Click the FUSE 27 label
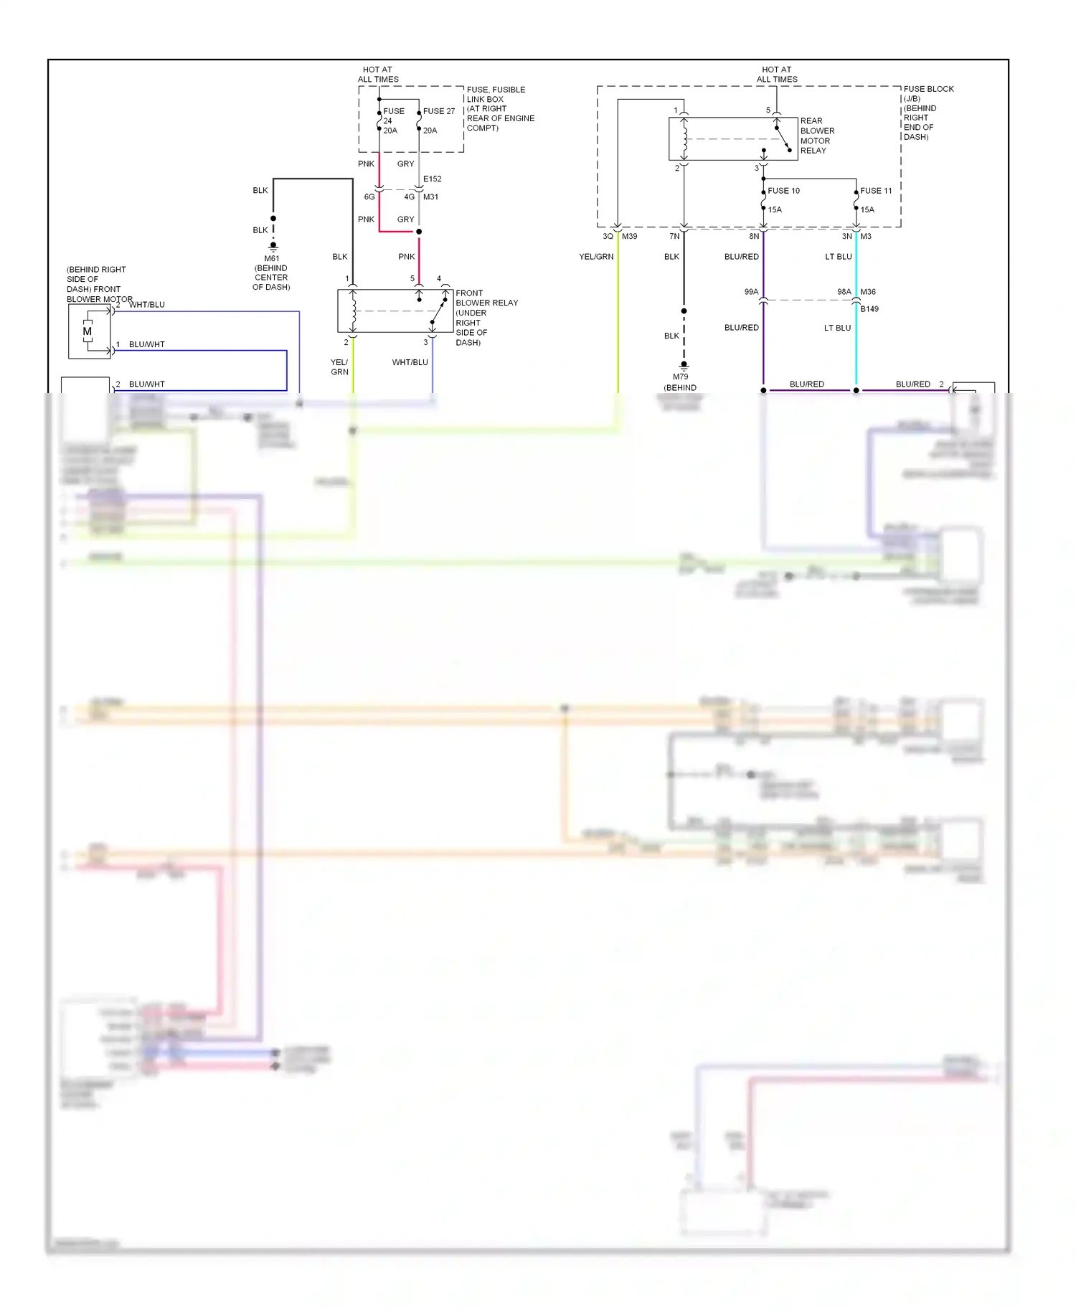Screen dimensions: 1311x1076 click(438, 111)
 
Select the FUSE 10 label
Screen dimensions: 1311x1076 click(783, 191)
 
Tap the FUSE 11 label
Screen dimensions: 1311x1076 click(876, 191)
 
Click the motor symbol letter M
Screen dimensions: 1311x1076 click(88, 331)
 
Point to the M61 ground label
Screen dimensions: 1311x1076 click(272, 258)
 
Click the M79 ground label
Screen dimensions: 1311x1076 click(680, 377)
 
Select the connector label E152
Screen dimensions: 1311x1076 click(432, 179)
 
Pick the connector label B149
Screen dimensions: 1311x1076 click(869, 309)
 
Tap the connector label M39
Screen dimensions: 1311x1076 click(629, 236)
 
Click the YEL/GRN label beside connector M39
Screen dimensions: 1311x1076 click(596, 257)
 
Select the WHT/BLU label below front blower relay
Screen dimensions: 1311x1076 click(410, 362)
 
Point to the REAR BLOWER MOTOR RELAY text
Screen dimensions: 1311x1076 click(817, 136)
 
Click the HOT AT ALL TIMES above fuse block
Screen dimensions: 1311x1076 click(777, 75)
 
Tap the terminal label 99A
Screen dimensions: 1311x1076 click(751, 292)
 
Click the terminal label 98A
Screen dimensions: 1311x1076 click(844, 292)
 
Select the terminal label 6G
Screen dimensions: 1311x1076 click(369, 197)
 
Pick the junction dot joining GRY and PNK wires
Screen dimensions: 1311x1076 click(419, 232)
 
